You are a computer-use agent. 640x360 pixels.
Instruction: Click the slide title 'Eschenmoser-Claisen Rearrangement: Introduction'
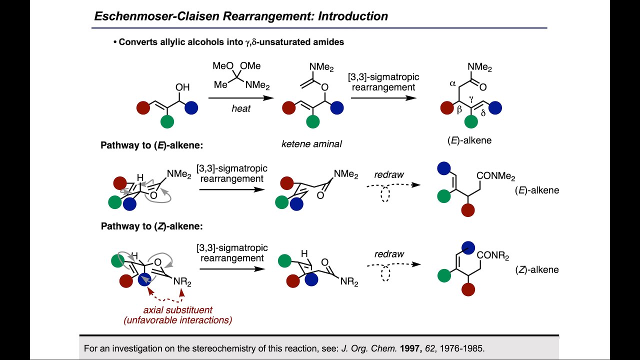(x=241, y=16)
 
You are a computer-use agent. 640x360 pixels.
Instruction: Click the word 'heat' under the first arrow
(x=241, y=108)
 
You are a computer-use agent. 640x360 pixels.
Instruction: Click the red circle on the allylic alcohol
(x=143, y=107)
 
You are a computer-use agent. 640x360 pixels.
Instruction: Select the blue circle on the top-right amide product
(x=495, y=107)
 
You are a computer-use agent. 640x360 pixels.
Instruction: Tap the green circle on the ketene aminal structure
(x=313, y=121)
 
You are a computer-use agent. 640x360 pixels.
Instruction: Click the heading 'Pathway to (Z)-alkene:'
(x=151, y=226)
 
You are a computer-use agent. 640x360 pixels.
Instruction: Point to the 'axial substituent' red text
(x=177, y=309)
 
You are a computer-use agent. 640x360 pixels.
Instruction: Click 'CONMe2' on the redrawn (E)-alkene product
(x=495, y=176)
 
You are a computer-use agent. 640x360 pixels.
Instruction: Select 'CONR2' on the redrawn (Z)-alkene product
(x=492, y=256)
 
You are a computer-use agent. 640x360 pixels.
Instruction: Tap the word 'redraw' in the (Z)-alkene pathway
(x=389, y=254)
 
